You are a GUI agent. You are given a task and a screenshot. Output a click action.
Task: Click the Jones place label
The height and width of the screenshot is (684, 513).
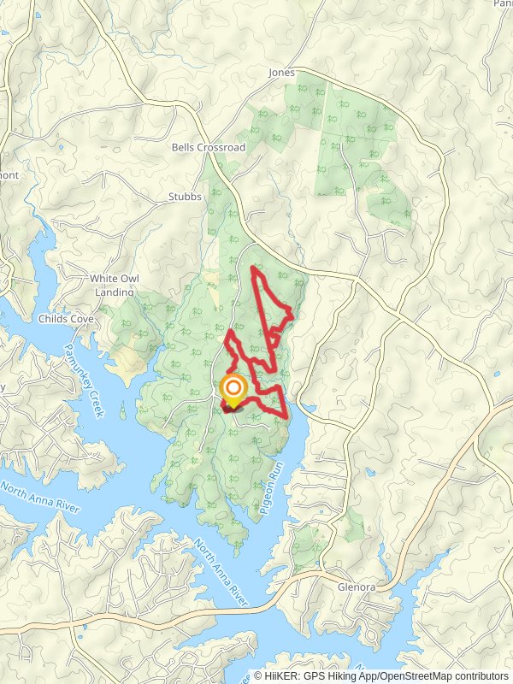(x=281, y=73)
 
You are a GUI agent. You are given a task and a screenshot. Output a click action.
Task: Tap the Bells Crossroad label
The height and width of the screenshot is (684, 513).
(x=208, y=147)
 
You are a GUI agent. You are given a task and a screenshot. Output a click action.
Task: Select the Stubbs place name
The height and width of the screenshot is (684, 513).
(x=185, y=197)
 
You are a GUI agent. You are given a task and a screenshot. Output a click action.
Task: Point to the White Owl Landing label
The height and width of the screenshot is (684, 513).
(x=114, y=285)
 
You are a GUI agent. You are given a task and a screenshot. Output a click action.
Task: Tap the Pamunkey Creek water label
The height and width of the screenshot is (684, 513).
(x=84, y=380)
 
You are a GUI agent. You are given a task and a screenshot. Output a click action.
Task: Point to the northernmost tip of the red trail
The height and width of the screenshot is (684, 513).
(x=252, y=268)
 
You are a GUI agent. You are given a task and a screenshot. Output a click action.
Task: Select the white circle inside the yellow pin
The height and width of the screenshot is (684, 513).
(x=233, y=388)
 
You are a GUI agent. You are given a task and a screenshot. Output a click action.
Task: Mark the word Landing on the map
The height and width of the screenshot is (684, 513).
(x=114, y=292)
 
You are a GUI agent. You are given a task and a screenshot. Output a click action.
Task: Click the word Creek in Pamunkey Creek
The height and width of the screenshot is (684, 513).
(x=94, y=404)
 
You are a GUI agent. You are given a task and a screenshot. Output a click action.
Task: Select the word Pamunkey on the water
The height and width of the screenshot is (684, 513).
(x=77, y=368)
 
